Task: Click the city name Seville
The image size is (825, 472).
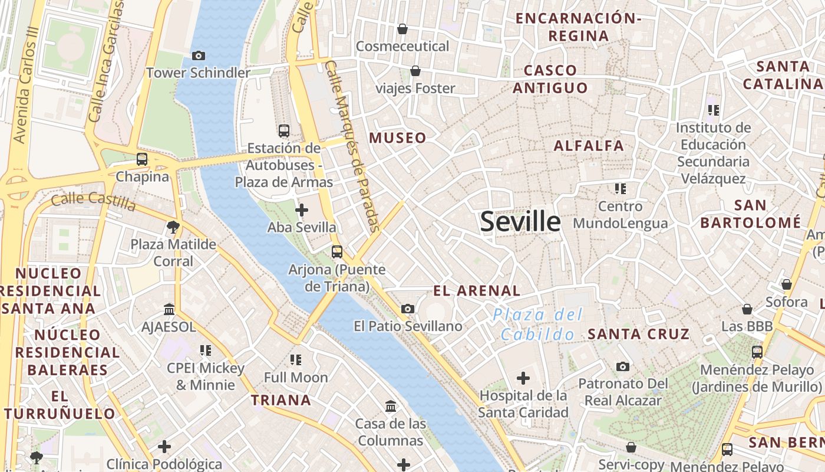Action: (x=520, y=222)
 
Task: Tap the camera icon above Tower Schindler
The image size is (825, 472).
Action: (x=199, y=55)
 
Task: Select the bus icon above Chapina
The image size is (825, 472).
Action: (x=141, y=159)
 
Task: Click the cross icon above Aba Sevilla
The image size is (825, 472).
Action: (x=302, y=209)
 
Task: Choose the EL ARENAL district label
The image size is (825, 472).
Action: (x=477, y=290)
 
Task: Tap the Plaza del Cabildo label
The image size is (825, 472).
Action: (x=537, y=324)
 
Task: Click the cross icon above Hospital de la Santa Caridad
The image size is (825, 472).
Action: (x=523, y=378)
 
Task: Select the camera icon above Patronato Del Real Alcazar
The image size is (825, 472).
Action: (x=623, y=366)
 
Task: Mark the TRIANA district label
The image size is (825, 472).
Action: (x=281, y=400)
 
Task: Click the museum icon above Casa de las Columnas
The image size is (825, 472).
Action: (x=391, y=406)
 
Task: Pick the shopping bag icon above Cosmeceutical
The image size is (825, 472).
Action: (x=402, y=28)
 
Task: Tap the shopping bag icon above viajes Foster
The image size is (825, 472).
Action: (x=415, y=71)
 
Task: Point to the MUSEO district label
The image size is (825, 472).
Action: (x=397, y=138)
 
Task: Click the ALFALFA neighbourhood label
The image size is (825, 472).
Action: (x=589, y=145)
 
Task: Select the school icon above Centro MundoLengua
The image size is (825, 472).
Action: (x=620, y=189)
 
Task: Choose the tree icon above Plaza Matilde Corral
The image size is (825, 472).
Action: (x=173, y=226)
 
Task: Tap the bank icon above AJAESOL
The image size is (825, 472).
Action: (x=169, y=309)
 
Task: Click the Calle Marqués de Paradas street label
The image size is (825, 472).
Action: (x=352, y=146)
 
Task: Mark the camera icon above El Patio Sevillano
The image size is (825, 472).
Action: (x=407, y=309)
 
